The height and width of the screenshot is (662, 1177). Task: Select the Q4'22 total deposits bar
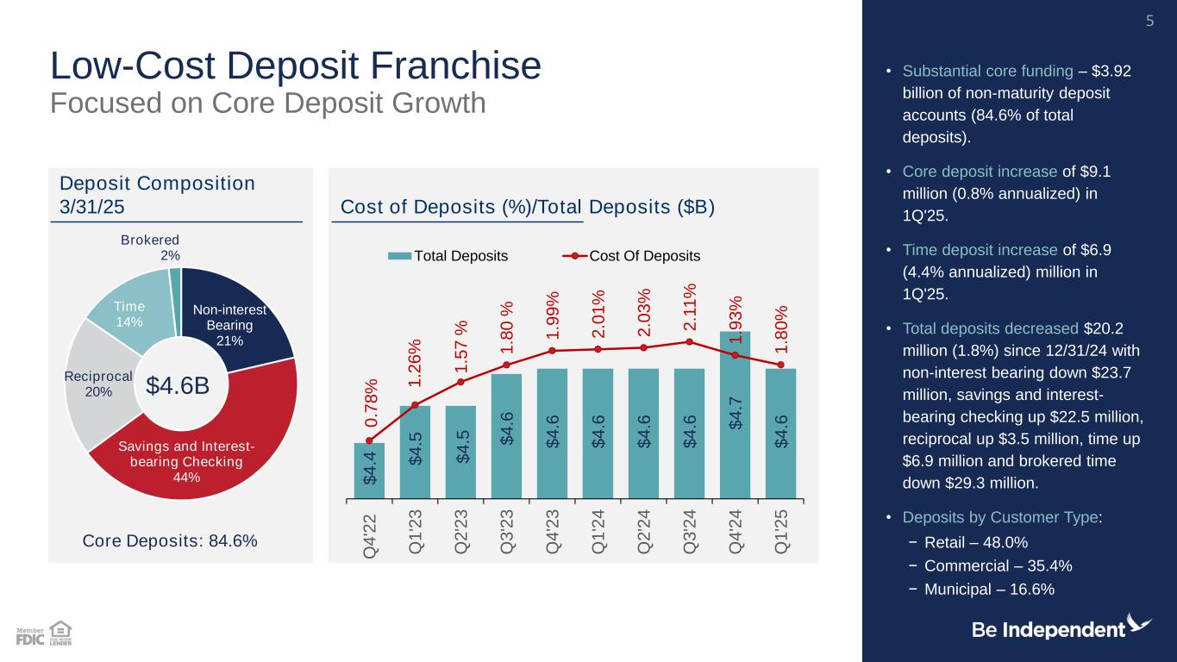(369, 470)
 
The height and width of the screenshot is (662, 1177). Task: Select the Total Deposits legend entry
(448, 256)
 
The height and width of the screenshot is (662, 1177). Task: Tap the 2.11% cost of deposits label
(689, 305)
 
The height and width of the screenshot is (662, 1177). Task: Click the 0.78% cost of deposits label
(372, 402)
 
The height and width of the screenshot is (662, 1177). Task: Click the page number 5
(1149, 20)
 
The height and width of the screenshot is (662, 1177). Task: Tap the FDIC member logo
(30, 636)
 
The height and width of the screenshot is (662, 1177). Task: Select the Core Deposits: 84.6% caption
(170, 541)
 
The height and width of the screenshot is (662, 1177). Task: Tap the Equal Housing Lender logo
(60, 634)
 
